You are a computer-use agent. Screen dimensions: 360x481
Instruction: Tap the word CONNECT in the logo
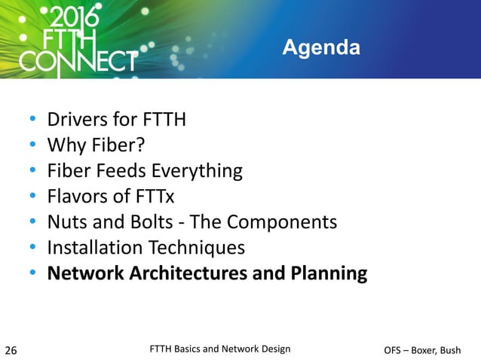tap(78, 60)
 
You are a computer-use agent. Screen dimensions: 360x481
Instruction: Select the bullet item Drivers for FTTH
tap(116, 120)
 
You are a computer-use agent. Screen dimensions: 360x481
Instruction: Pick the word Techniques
tap(198, 248)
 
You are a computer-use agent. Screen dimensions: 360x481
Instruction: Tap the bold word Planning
tap(329, 273)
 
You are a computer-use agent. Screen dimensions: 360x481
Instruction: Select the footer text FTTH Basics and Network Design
tap(220, 348)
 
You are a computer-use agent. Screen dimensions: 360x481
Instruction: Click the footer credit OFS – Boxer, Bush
tap(421, 349)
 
